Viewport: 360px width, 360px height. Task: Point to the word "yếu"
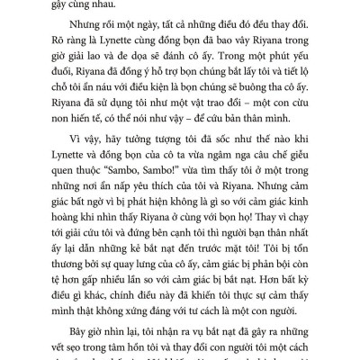(x=287, y=95)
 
